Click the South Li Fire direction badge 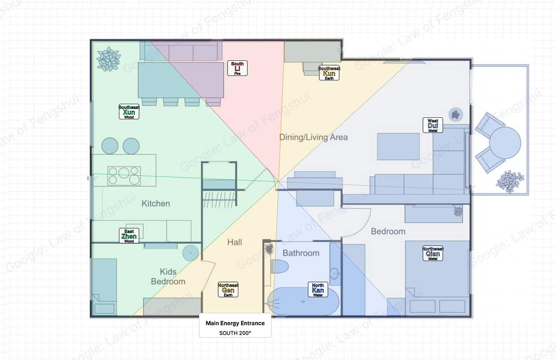[237, 68]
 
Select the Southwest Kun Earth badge [329, 73]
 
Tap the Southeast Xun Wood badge [129, 111]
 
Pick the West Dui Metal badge [433, 125]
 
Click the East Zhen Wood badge [129, 236]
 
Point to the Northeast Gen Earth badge [228, 289]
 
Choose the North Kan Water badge [318, 289]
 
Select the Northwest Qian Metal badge [433, 253]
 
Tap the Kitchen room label [156, 204]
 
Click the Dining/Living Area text [313, 137]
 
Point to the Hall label [235, 242]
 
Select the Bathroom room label [301, 253]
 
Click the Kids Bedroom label [168, 276]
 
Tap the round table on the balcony [505, 143]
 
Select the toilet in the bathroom [280, 266]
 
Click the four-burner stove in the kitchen [124, 176]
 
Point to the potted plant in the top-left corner [109, 59]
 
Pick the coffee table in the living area [398, 147]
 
